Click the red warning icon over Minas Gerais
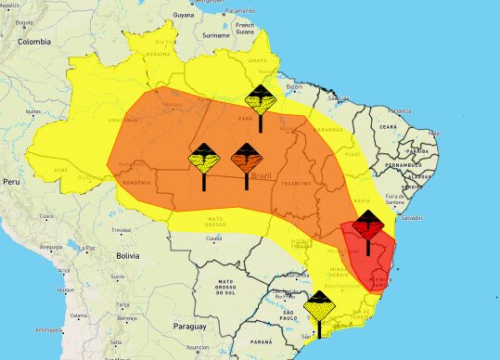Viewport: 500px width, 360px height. pyautogui.click(x=368, y=225)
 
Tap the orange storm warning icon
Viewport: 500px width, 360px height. pyautogui.click(x=246, y=159)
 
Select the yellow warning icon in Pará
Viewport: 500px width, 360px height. pyautogui.click(x=261, y=98)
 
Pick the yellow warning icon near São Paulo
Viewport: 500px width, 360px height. pyautogui.click(x=320, y=305)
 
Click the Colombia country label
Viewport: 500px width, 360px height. pyautogui.click(x=33, y=42)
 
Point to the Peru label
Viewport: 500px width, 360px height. pyautogui.click(x=11, y=182)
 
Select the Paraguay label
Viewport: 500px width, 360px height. pyautogui.click(x=189, y=326)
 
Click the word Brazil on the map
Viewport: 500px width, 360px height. pyautogui.click(x=263, y=175)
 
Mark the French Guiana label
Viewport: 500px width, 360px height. pyautogui.click(x=246, y=28)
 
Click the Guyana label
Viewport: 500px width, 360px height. pyautogui.click(x=184, y=16)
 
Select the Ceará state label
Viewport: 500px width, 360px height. pyautogui.click(x=388, y=127)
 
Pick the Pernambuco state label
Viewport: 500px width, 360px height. pyautogui.click(x=409, y=164)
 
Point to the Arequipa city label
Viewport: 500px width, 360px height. pyautogui.click(x=51, y=247)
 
